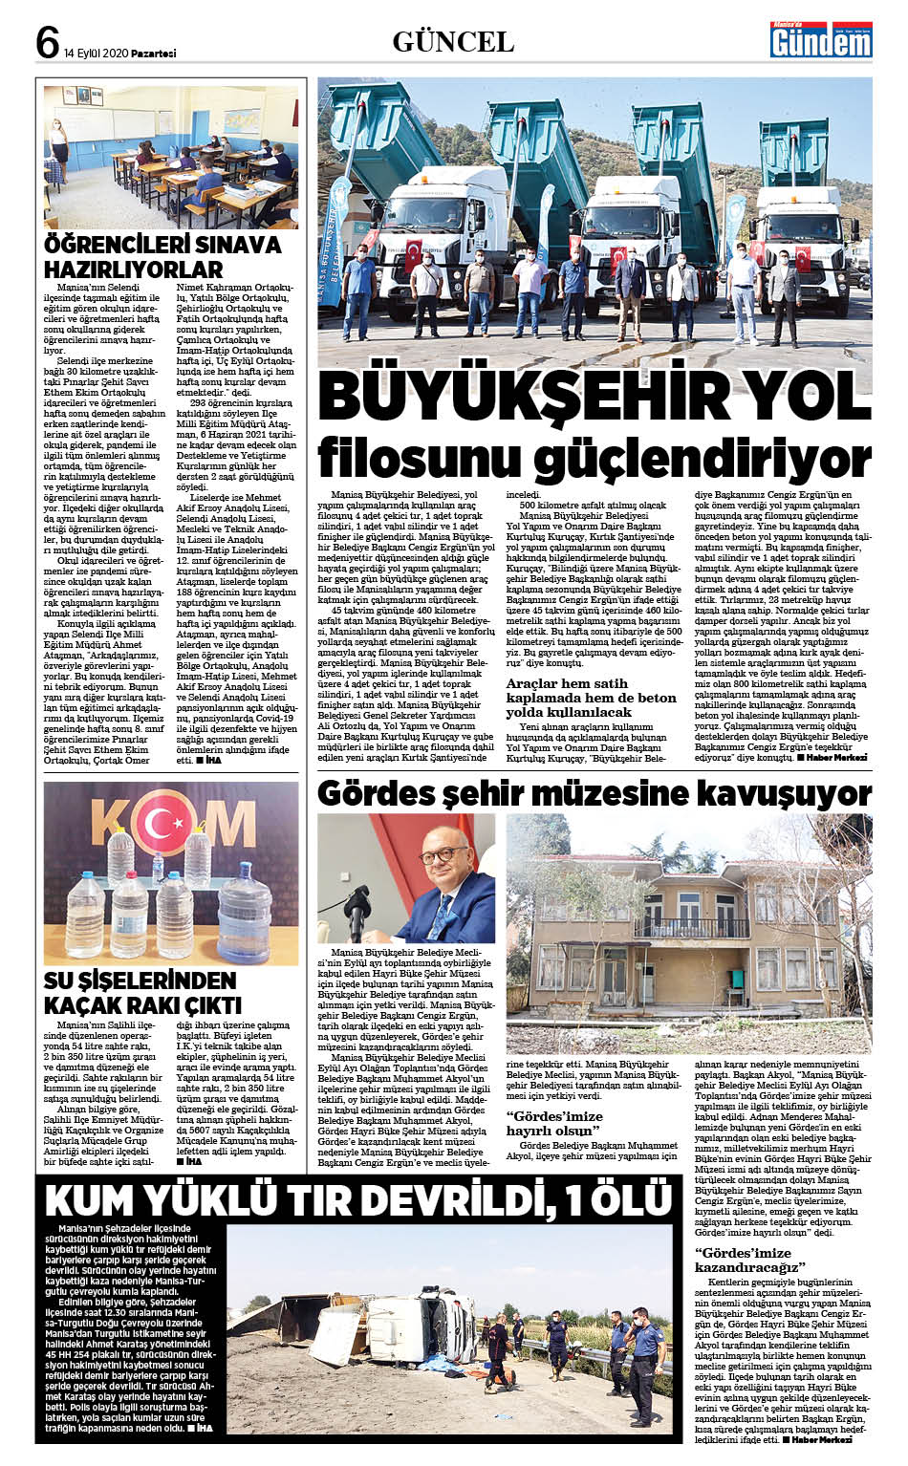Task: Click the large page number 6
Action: point(48,41)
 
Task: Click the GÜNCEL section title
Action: point(453,42)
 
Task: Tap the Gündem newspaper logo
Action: point(822,40)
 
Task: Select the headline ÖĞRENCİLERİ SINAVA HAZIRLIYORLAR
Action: point(162,256)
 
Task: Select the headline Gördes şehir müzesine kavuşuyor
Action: point(594,793)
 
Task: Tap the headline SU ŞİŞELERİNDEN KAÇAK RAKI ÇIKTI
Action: point(142,993)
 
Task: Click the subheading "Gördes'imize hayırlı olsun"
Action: point(554,1123)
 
